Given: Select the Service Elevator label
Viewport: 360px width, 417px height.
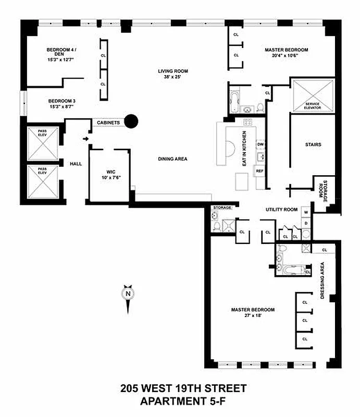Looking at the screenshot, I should pyautogui.click(x=313, y=106).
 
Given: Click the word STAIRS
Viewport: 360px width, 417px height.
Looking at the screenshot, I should pyautogui.click(x=313, y=144).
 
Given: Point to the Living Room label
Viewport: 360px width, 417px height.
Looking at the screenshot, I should pyautogui.click(x=173, y=73).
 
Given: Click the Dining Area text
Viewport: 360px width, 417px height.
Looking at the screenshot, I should pyautogui.click(x=173, y=159).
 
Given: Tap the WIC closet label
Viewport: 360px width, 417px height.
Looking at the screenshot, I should pyautogui.click(x=110, y=173).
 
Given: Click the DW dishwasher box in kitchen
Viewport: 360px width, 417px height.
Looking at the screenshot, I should pyautogui.click(x=260, y=144).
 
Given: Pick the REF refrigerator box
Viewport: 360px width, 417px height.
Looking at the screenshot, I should pyautogui.click(x=259, y=170).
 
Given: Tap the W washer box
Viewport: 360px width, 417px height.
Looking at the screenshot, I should pyautogui.click(x=306, y=213).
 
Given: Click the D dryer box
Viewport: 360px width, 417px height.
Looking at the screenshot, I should pyautogui.click(x=306, y=223).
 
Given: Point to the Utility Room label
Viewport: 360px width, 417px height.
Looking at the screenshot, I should pyautogui.click(x=281, y=210).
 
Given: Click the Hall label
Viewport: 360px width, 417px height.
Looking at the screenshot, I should pyautogui.click(x=76, y=164).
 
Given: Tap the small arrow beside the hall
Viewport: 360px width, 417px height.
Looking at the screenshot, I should pyautogui.click(x=85, y=139).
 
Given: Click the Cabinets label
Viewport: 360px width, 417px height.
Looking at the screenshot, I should pyautogui.click(x=108, y=122).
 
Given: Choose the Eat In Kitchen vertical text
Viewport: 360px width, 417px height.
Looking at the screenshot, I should pyautogui.click(x=243, y=149).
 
